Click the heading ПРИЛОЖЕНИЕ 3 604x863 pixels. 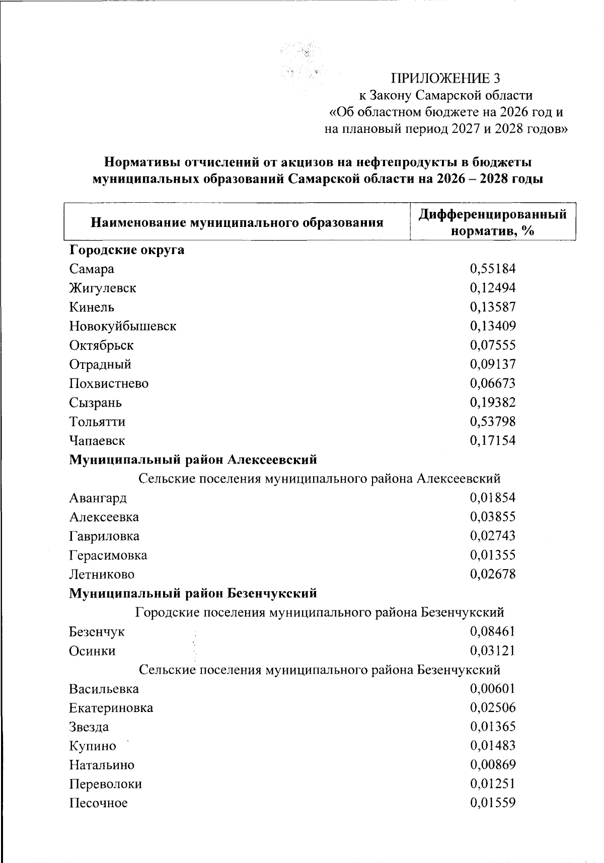445,78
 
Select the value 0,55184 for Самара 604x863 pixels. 493,269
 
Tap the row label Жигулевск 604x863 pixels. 103,288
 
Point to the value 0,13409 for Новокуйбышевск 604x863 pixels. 493,326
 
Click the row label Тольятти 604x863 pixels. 97,422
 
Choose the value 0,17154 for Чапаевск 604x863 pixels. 493,441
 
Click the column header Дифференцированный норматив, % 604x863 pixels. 493,222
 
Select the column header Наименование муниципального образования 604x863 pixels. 237,222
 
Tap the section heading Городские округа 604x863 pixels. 127,250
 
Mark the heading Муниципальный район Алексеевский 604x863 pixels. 193,460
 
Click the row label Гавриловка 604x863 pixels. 104,536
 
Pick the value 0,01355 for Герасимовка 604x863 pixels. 493,556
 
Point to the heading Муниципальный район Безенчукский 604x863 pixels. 193,594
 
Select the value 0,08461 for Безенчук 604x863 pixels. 493,632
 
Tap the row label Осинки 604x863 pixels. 93,651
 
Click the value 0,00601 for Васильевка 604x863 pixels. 493,689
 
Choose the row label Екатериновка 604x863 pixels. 111,708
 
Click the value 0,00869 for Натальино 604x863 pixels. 493,765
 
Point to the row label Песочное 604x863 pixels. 99,803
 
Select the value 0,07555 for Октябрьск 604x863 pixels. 493,345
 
